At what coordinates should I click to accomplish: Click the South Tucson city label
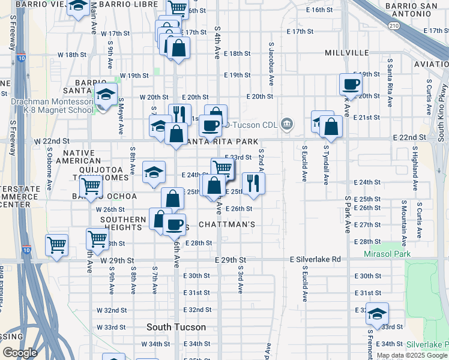[176, 328]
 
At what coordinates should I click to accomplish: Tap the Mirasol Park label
[385, 254]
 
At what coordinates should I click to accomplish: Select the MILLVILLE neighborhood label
[347, 53]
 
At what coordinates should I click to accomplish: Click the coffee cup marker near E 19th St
[351, 84]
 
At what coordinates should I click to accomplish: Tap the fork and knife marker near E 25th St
[253, 183]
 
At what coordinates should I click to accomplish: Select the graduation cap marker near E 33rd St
[377, 313]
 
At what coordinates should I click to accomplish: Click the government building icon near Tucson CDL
[288, 124]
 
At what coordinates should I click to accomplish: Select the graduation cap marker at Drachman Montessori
[106, 95]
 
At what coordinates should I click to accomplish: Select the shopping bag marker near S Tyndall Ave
[331, 127]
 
